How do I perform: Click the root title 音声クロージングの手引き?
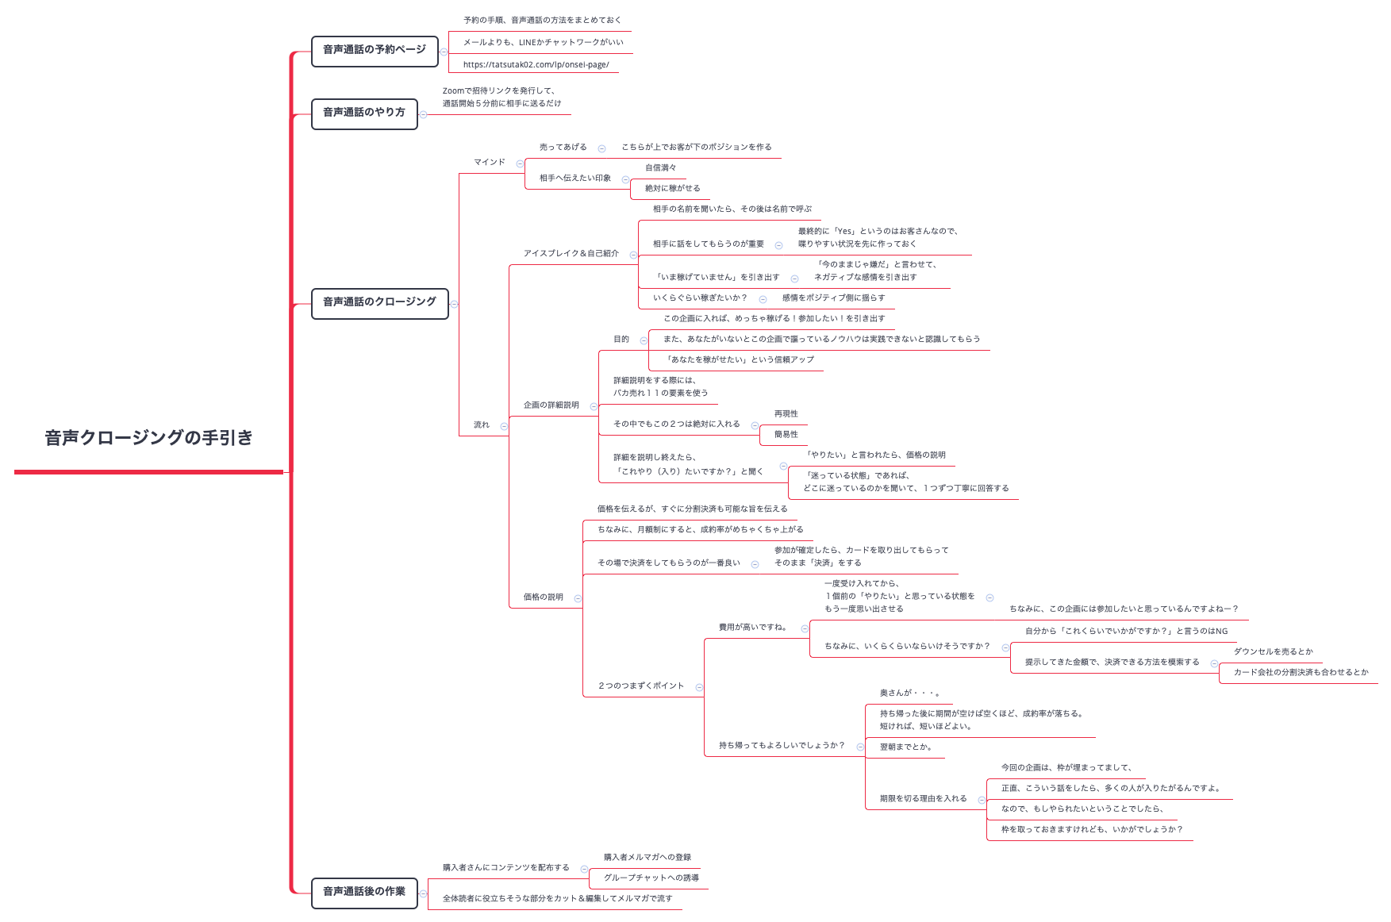point(148,438)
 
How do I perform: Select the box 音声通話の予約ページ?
point(375,50)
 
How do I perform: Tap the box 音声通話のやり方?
point(364,113)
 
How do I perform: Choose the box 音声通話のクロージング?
point(379,302)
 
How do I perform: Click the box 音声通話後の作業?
point(364,892)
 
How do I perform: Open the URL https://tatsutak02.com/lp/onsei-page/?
point(536,65)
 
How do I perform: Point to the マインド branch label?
point(490,162)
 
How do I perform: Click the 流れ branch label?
point(482,425)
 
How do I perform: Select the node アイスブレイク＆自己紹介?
point(571,254)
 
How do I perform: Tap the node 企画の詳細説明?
point(551,405)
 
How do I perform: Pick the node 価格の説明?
point(544,597)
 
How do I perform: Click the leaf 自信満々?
point(661,168)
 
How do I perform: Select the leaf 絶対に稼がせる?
point(673,189)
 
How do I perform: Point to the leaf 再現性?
point(786,414)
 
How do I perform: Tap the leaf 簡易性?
point(786,435)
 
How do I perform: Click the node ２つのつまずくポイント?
point(641,686)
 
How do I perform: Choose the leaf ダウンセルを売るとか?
point(1274,652)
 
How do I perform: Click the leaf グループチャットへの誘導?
point(651,878)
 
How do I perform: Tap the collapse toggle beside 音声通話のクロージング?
point(454,304)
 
